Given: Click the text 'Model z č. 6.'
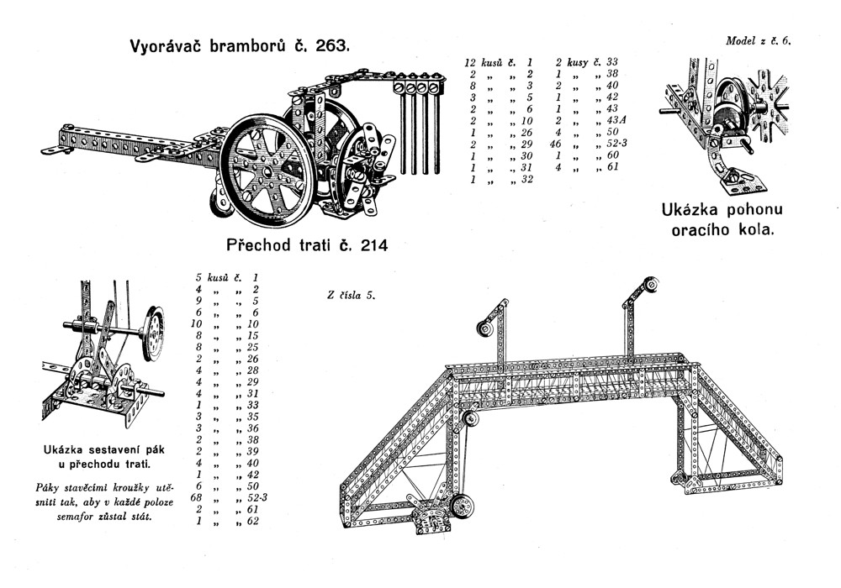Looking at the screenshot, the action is click(759, 40).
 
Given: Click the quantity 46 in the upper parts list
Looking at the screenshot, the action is click(556, 144).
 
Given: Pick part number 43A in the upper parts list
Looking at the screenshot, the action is click(616, 120).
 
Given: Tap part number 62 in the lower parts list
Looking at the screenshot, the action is click(252, 521).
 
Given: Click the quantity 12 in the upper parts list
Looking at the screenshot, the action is click(470, 63).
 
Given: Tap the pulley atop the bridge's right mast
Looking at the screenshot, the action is click(650, 284).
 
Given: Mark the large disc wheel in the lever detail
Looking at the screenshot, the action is click(154, 333).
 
